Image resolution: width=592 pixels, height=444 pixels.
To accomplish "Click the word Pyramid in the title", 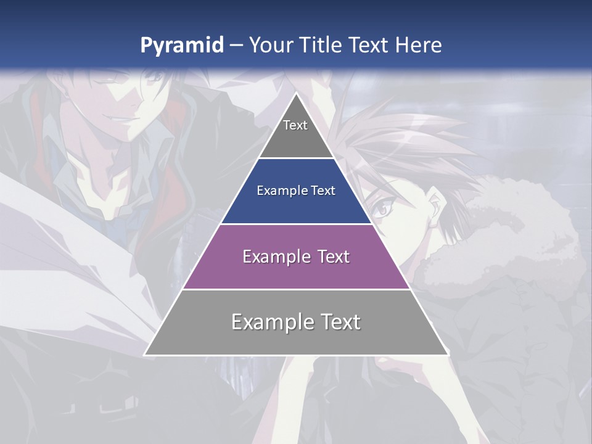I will [181, 46].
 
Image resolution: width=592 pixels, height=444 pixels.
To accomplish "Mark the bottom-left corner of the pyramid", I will [145, 355].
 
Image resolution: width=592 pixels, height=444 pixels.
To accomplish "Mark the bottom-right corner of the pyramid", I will [448, 355].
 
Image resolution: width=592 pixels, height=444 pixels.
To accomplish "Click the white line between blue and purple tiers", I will [296, 224].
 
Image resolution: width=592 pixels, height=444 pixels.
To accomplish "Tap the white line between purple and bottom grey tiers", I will [296, 289].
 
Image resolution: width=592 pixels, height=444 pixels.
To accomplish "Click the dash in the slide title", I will [236, 46].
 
